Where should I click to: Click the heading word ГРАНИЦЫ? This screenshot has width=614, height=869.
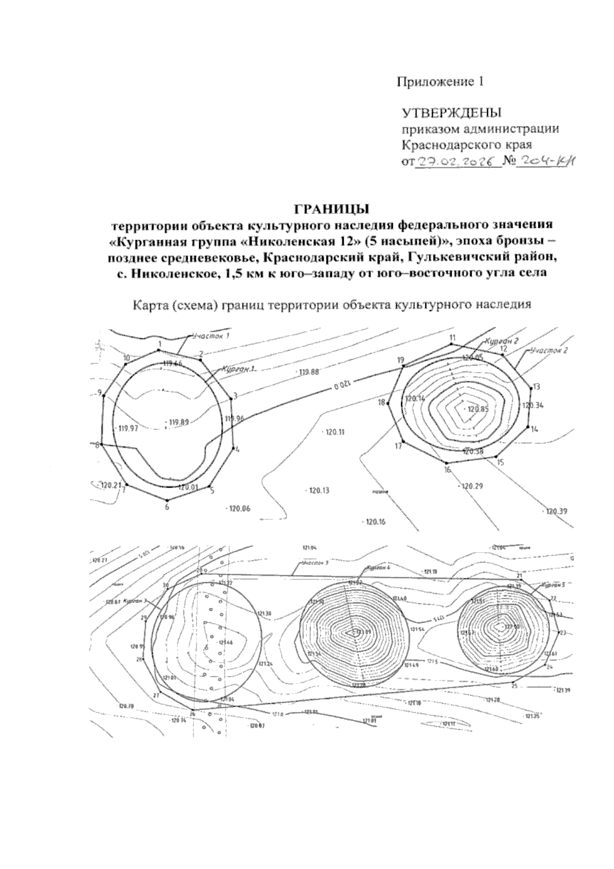[x=330, y=209]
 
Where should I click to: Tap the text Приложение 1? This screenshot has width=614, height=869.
[x=441, y=81]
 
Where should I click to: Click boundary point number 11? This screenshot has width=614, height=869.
[x=452, y=338]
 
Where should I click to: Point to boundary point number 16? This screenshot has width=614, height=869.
[x=447, y=470]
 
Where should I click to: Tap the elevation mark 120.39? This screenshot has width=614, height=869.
[x=557, y=511]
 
